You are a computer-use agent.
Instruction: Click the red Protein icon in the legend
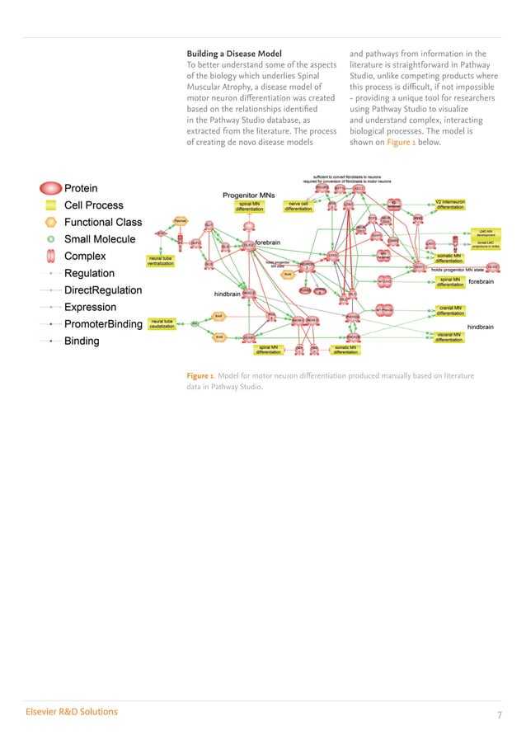[51, 188]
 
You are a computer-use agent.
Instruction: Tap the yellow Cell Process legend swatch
[51, 205]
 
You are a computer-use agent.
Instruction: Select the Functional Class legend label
[103, 222]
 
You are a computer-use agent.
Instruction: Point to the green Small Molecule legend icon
[51, 239]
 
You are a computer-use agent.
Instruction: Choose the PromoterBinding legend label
[103, 324]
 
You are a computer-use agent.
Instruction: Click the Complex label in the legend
[85, 256]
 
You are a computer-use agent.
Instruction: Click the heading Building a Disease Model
[234, 54]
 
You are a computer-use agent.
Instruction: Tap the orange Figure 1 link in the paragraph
[402, 142]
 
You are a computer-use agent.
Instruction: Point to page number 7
[499, 714]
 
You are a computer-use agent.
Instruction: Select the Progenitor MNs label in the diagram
[249, 195]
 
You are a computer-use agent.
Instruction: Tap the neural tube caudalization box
[162, 323]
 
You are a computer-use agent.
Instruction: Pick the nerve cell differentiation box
[298, 206]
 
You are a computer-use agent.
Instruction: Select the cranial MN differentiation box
[450, 312]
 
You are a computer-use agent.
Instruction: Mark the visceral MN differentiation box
[450, 337]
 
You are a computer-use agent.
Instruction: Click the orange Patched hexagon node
[180, 220]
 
